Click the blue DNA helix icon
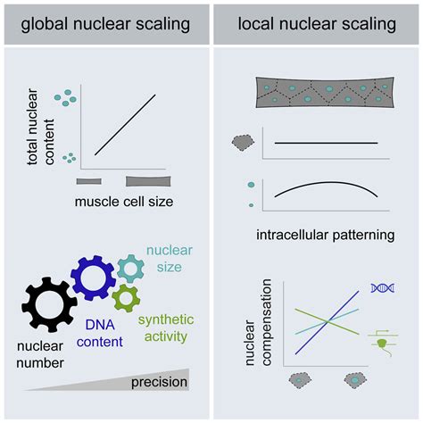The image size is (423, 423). click(382, 287)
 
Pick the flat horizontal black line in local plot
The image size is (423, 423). click(326, 143)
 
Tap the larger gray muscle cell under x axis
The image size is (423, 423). click(148, 181)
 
